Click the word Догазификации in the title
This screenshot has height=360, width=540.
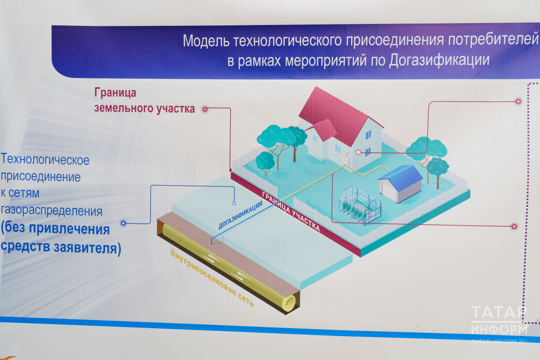(439, 60)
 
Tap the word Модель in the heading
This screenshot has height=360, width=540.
(206, 41)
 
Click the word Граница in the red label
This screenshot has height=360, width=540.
(115, 93)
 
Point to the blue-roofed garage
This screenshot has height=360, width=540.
(401, 184)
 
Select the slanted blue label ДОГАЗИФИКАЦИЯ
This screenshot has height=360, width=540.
(241, 215)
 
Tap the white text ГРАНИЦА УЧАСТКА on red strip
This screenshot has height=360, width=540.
(291, 211)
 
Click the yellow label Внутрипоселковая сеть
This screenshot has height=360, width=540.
(212, 278)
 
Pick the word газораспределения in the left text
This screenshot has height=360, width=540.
(52, 210)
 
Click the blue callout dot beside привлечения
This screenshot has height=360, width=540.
(123, 223)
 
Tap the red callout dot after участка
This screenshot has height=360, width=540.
(205, 109)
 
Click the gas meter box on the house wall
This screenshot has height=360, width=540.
(345, 161)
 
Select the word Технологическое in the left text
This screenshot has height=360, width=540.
(45, 160)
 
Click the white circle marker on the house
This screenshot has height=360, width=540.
(358, 152)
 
